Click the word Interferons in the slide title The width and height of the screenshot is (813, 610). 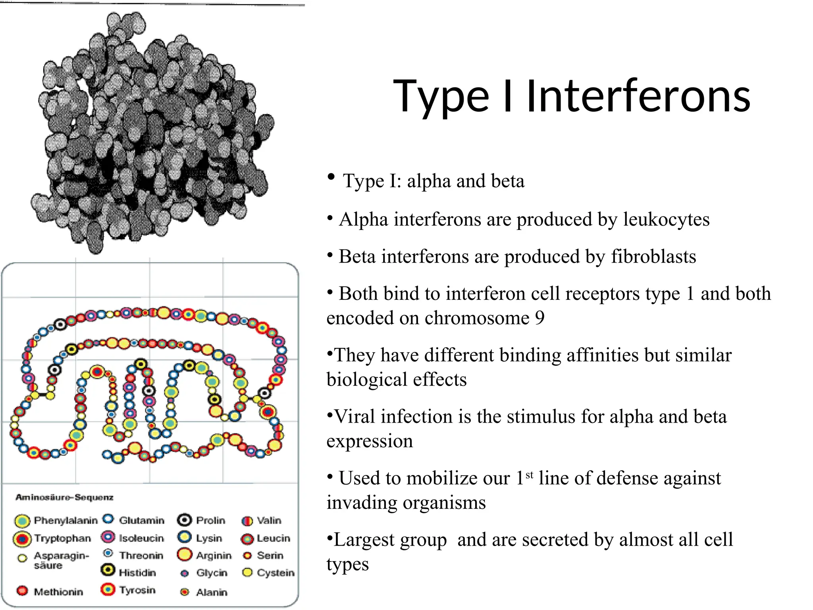(x=638, y=97)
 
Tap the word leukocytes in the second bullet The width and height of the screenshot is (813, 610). (x=666, y=220)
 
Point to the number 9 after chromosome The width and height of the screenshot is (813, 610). (x=539, y=318)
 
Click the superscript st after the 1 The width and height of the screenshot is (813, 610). (x=529, y=475)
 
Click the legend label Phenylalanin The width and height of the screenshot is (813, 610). (x=66, y=520)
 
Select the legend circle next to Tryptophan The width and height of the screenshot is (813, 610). (x=22, y=539)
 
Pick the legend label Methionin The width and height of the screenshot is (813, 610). (x=58, y=592)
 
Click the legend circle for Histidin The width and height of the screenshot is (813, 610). (x=108, y=570)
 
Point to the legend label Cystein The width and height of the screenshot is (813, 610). (x=275, y=573)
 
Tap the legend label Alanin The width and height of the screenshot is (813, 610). (x=212, y=592)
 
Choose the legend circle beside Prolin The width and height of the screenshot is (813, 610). (x=185, y=520)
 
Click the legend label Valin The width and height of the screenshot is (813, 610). (x=269, y=520)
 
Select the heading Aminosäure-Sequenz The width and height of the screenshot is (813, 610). (x=64, y=497)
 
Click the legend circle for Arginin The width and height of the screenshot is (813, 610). (x=185, y=554)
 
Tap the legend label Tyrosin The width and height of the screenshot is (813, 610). (x=137, y=590)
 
